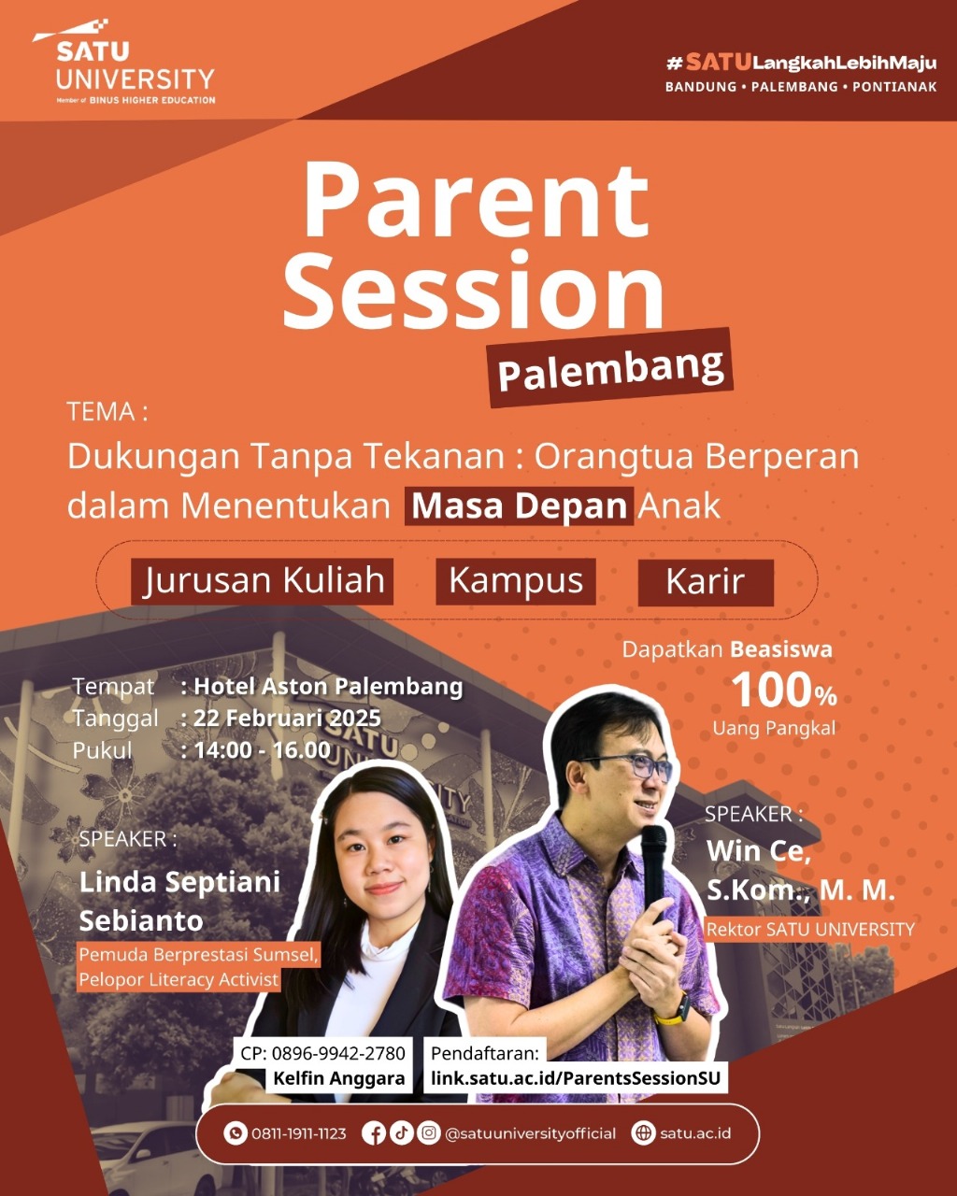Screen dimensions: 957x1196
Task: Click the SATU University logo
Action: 124,63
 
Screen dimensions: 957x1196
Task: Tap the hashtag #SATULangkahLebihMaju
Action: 801,63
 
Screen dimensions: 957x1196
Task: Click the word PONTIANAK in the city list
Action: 894,87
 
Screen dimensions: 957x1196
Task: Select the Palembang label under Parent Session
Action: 610,368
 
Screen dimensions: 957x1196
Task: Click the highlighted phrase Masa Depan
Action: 519,505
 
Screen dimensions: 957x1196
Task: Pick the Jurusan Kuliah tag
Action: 262,581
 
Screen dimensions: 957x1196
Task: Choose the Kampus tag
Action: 516,581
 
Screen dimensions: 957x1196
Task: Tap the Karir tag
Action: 706,582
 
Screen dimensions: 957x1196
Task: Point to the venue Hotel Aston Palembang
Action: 328,687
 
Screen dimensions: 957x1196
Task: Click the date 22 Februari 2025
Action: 287,718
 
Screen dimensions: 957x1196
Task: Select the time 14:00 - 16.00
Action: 262,750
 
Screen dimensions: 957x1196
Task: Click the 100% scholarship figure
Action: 784,691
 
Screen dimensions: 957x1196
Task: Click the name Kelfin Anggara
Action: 338,1078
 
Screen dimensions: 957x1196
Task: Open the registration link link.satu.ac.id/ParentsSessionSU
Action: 576,1078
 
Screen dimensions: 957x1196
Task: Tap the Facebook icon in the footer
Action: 374,1133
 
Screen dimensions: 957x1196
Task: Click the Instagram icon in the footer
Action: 429,1132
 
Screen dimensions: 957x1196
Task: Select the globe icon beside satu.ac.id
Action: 643,1133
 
